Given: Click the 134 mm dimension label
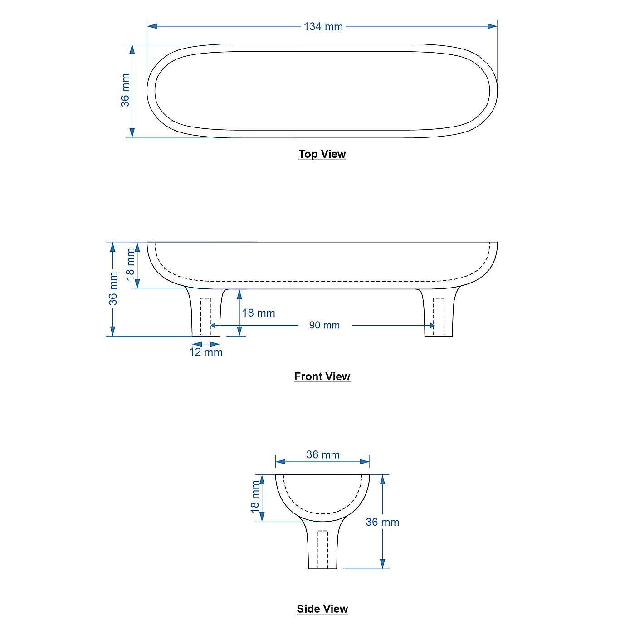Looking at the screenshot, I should (323, 27).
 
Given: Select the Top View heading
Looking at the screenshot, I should (322, 154).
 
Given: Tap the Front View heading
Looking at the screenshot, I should (322, 376).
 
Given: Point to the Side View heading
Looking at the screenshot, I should (322, 609).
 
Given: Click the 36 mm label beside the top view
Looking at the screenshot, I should (125, 90).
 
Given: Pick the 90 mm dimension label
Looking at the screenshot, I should (324, 325).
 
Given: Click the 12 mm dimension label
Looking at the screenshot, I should (206, 352).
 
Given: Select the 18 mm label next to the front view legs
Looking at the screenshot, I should (259, 313).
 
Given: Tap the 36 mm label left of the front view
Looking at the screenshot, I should (113, 288).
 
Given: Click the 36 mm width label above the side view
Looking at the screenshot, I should (323, 454).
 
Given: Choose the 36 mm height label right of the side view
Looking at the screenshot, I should (382, 522).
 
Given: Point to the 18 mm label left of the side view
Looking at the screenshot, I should (255, 497).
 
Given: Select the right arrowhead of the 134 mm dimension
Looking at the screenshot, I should (493, 26).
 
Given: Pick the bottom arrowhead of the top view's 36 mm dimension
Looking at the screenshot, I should (132, 133).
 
